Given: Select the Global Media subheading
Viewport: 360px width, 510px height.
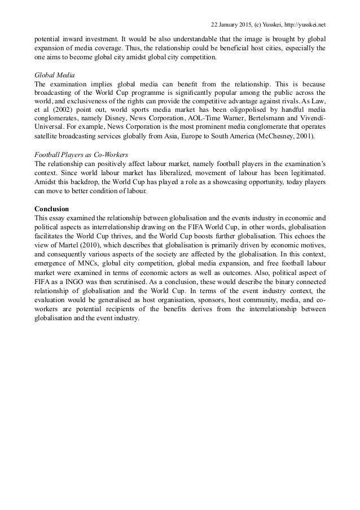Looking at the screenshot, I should click(51, 74).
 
